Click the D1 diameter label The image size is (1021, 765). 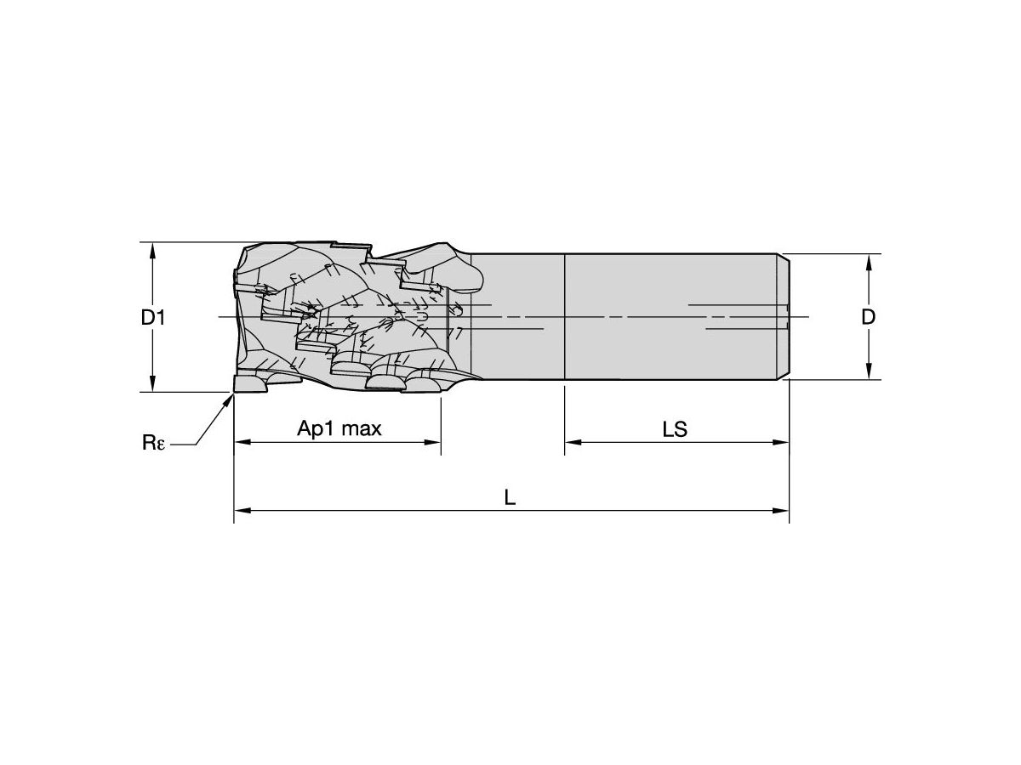(153, 318)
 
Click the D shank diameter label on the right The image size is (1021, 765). (868, 317)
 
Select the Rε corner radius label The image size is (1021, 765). (154, 443)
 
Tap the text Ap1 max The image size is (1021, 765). (339, 428)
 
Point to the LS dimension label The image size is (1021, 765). (675, 429)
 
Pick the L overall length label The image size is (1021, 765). (510, 498)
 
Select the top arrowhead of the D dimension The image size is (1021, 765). (868, 261)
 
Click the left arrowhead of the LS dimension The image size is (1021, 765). (573, 442)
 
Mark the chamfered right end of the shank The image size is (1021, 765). (784, 316)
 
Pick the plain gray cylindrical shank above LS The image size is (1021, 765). (672, 316)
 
